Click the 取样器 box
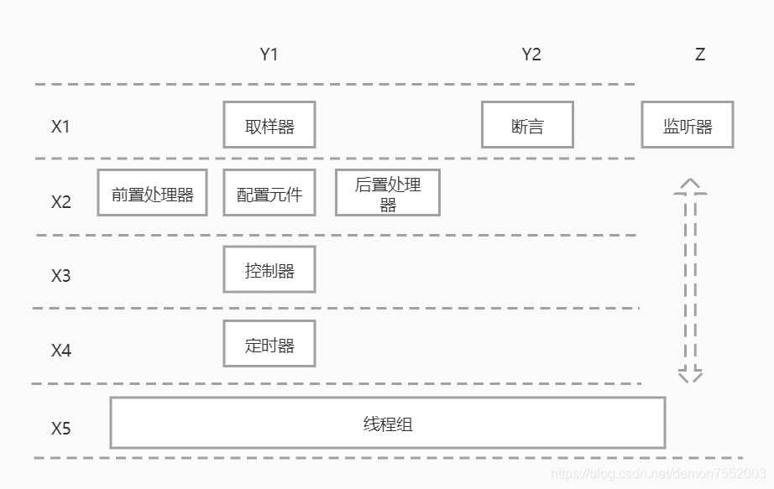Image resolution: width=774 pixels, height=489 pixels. click(269, 125)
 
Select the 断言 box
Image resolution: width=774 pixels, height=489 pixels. click(527, 125)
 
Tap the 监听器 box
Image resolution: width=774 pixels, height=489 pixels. click(688, 125)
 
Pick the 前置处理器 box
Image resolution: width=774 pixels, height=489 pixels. click(152, 193)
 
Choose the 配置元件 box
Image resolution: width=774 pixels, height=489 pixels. click(269, 194)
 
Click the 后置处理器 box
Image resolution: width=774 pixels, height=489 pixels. click(387, 193)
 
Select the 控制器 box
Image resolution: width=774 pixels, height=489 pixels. click(269, 269)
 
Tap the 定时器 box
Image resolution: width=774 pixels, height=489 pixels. click(269, 344)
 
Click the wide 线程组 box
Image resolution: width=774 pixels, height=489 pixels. click(388, 423)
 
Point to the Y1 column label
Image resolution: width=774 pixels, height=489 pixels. click(269, 55)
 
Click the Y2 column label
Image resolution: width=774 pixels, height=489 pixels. click(531, 55)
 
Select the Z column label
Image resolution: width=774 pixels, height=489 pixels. click(700, 55)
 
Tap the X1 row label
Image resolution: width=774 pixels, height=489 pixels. click(60, 127)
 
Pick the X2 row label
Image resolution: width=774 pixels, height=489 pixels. click(60, 202)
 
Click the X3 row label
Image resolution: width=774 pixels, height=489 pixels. click(60, 275)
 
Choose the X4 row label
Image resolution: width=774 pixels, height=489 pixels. click(60, 351)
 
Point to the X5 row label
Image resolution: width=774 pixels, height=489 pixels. click(60, 429)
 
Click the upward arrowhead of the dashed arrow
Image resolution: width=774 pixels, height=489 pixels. click(690, 186)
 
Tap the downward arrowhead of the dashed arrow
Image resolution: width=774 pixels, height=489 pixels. click(690, 374)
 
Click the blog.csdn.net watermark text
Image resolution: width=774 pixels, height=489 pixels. click(659, 474)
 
